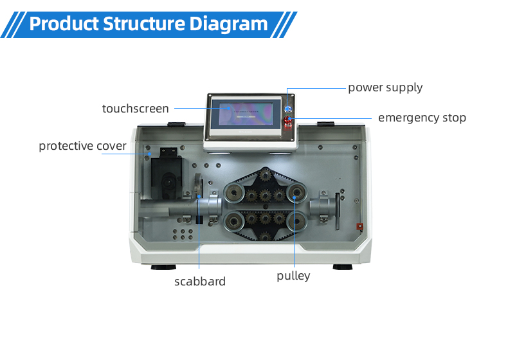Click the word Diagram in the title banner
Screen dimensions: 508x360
(228, 24)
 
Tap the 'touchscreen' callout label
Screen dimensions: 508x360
(136, 109)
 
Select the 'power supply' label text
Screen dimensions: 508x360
(385, 88)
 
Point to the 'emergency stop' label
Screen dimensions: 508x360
(422, 118)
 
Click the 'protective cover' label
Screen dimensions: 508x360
(82, 146)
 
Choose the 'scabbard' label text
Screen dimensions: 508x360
(200, 282)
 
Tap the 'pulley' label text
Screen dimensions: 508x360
(293, 276)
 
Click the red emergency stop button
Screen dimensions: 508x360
(287, 120)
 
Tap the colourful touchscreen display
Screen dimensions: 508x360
(245, 114)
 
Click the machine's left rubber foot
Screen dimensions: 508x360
(163, 267)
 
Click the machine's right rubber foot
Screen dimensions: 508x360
(343, 267)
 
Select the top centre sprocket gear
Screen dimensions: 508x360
(266, 176)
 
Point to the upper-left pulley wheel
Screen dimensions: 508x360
(234, 194)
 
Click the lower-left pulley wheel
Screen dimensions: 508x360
(233, 221)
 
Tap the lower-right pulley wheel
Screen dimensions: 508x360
(296, 221)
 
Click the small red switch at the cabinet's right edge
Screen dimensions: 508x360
(359, 226)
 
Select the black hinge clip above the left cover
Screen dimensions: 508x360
(176, 125)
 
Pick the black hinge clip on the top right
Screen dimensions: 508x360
(325, 124)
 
